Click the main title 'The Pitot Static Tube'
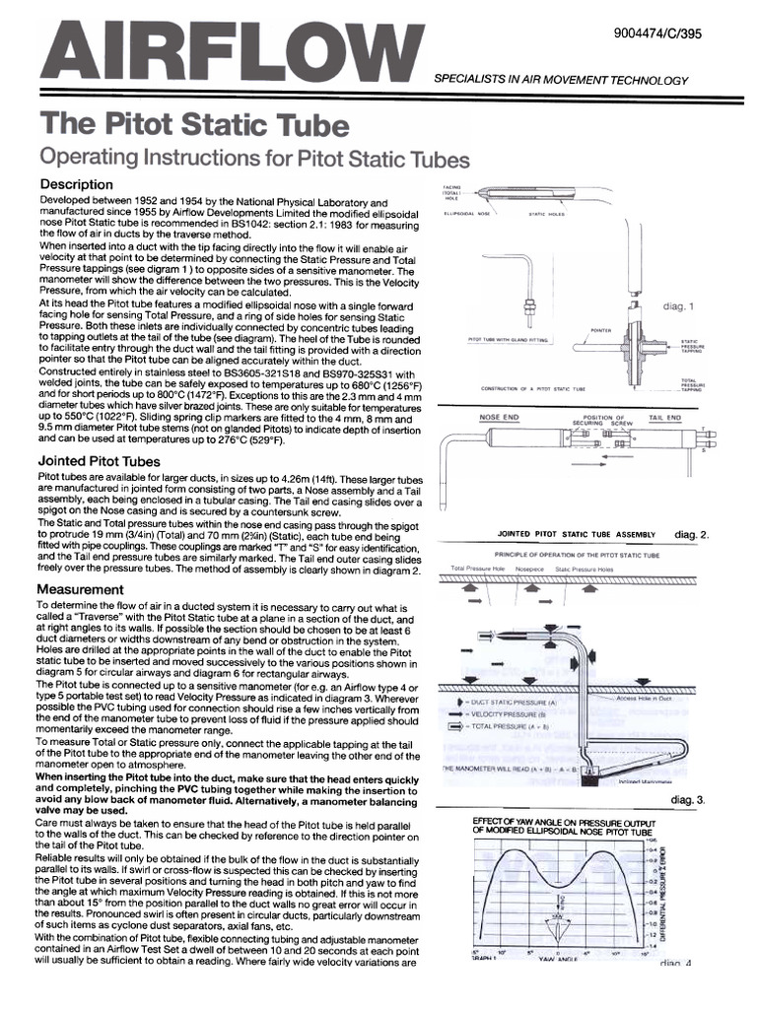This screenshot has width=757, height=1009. click(x=193, y=126)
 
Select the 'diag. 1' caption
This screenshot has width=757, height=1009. click(x=679, y=305)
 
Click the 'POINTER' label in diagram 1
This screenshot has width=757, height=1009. click(x=602, y=330)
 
